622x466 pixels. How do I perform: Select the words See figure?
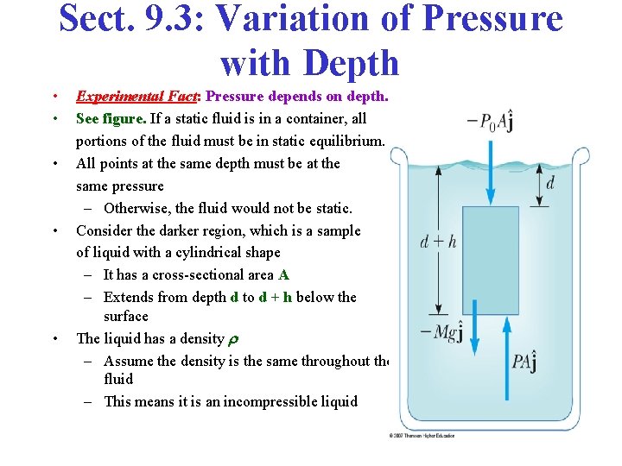pyautogui.click(x=111, y=118)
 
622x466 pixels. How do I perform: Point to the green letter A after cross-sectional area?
pyautogui.click(x=283, y=274)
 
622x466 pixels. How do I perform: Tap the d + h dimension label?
pyautogui.click(x=438, y=242)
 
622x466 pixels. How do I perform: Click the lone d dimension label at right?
pyautogui.click(x=549, y=182)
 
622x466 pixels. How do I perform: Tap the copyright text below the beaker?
pyautogui.click(x=422, y=437)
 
